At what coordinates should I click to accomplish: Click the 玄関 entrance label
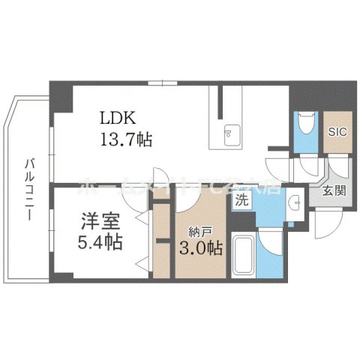(333, 192)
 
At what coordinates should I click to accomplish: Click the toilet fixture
(304, 124)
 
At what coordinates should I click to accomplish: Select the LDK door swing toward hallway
(277, 164)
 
